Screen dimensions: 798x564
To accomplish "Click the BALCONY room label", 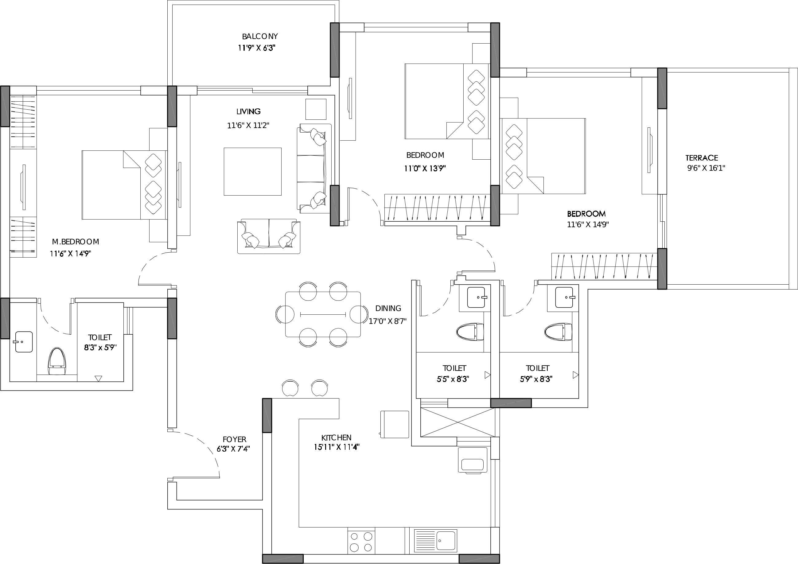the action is click(x=260, y=37).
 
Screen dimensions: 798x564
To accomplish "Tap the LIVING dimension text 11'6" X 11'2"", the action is click(x=248, y=126).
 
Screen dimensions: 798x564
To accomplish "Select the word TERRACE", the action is click(x=701, y=158).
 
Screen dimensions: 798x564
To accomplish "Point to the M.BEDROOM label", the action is click(x=76, y=242).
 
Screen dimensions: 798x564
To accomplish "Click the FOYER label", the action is click(x=234, y=439).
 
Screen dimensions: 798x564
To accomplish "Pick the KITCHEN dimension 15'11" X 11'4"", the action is click(x=337, y=447).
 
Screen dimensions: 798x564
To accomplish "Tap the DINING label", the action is click(x=388, y=308).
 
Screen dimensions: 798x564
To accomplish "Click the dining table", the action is click(x=323, y=314).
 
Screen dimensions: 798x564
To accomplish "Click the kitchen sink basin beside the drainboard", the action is click(x=446, y=541).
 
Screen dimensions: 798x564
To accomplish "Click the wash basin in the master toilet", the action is click(x=23, y=342).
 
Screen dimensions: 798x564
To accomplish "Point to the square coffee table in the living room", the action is click(x=252, y=172).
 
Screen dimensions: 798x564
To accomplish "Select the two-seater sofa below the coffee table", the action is click(x=269, y=236).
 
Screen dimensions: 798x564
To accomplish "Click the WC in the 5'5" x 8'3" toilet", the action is click(x=470, y=332).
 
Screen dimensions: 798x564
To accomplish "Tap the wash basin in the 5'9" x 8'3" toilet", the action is click(x=564, y=297).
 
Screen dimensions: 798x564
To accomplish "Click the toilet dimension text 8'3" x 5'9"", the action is click(x=100, y=347).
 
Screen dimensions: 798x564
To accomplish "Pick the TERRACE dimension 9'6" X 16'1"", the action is click(x=706, y=168).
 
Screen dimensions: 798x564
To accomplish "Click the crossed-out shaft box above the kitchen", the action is click(x=457, y=422).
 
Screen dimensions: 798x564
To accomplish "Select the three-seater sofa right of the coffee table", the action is click(x=313, y=169).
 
